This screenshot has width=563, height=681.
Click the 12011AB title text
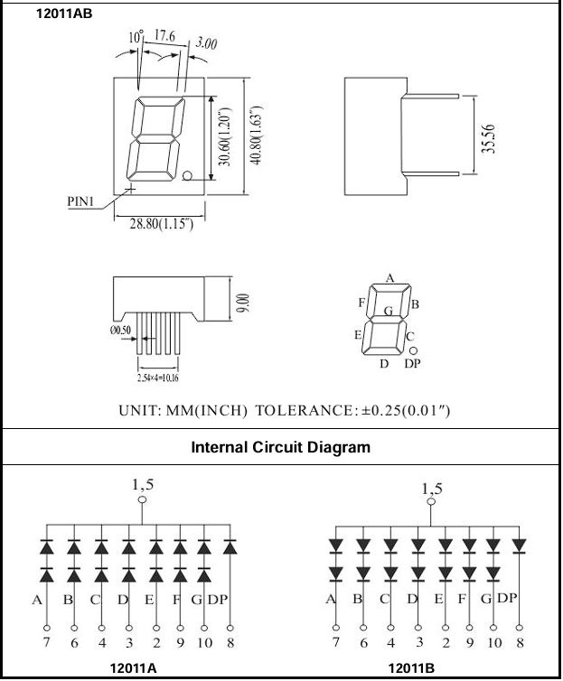[64, 14]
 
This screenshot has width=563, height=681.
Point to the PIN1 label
[82, 201]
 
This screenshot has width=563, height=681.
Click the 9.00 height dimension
[240, 303]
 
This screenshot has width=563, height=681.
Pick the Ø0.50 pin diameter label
[121, 331]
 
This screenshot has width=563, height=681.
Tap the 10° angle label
[136, 38]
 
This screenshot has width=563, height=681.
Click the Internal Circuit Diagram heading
[281, 446]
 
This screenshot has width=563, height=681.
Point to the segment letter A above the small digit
[389, 278]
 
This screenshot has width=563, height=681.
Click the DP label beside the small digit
[412, 363]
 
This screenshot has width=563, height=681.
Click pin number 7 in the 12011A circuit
[45, 642]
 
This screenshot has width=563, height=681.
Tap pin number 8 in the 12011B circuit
[520, 642]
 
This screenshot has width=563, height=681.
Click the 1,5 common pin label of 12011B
[433, 489]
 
